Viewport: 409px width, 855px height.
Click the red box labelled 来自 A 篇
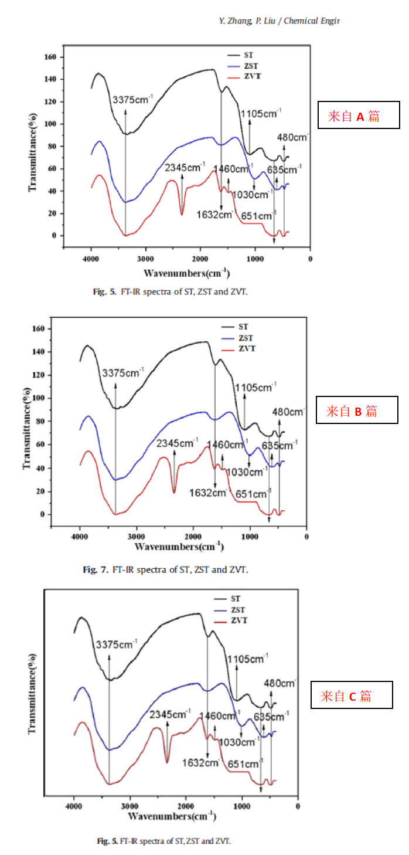[x=358, y=116]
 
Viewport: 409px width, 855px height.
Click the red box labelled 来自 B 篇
[x=356, y=410]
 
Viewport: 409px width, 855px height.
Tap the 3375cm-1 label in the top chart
[x=134, y=100]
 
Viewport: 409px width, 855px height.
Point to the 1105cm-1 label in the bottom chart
[x=247, y=659]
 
